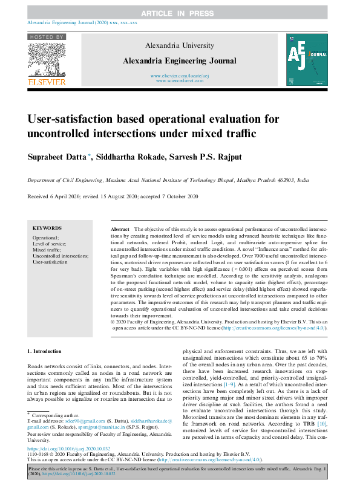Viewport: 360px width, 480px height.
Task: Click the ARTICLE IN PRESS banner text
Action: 179,13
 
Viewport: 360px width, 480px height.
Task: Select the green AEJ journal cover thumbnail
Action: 308,59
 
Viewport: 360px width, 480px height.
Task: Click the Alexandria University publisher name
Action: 180,45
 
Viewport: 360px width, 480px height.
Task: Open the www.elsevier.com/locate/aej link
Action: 180,75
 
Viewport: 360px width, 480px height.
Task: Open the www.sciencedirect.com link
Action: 180,80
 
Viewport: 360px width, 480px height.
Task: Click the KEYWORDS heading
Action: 47,228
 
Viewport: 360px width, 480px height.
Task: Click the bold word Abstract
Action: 120,230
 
